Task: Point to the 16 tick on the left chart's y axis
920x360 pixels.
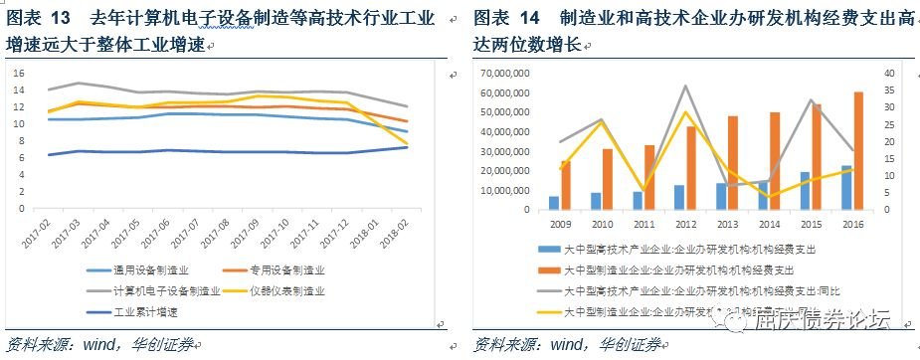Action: [x=20, y=73]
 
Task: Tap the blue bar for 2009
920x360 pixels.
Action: [x=554, y=203]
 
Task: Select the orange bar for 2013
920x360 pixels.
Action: [x=733, y=163]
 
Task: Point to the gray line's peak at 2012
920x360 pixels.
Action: [x=685, y=87]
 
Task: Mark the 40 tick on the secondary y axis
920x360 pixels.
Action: [x=891, y=74]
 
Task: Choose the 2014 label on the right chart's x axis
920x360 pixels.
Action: [x=770, y=225]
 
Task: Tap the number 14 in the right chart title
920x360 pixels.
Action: [x=530, y=19]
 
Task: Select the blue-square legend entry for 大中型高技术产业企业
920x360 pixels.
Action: [x=676, y=251]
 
